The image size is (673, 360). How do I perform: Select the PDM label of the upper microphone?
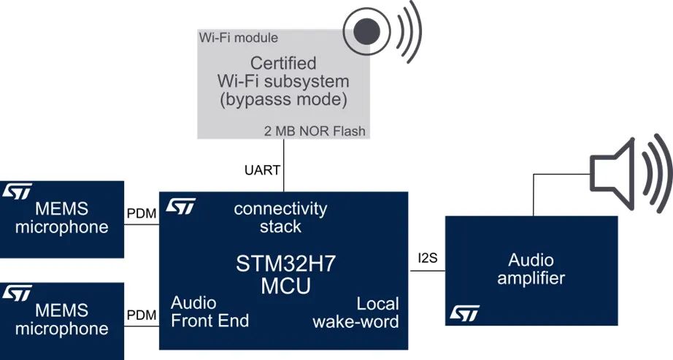tap(141, 213)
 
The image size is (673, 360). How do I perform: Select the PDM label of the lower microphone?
tap(141, 315)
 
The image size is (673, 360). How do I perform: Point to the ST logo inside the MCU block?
tap(180, 207)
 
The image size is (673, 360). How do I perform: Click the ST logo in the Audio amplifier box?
tap(464, 313)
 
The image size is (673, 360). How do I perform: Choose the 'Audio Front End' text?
tap(209, 311)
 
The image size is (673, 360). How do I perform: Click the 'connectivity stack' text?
tap(280, 218)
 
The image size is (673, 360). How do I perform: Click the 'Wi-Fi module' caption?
tap(238, 37)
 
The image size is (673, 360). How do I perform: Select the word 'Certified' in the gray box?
tap(285, 64)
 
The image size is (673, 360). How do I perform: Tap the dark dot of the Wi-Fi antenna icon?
tap(366, 31)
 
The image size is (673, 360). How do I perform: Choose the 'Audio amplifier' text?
tap(531, 269)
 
